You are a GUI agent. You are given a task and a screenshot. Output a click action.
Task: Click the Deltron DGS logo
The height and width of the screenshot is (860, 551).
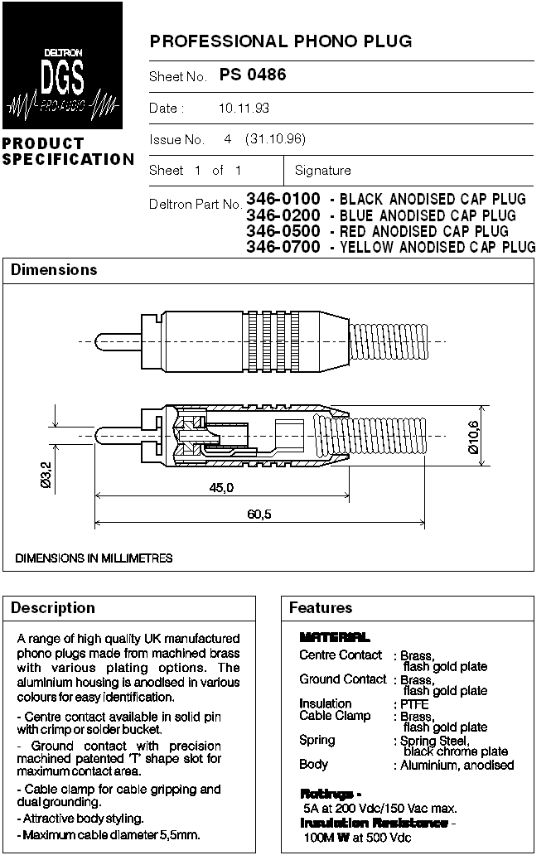[62, 65]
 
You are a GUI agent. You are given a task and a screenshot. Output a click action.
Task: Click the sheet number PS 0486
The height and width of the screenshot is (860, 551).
[253, 75]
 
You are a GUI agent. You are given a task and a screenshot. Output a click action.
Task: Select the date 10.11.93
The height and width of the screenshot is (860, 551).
[244, 109]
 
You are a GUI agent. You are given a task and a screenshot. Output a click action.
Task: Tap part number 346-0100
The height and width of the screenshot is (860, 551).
[283, 199]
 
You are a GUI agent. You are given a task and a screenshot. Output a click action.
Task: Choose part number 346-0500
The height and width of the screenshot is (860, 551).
[283, 231]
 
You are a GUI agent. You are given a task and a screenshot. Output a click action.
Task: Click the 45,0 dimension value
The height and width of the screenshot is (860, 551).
[220, 488]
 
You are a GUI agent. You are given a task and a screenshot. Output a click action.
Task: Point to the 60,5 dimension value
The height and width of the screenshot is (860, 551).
[259, 515]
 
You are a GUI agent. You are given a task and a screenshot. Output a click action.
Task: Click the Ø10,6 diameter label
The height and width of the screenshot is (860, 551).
[473, 437]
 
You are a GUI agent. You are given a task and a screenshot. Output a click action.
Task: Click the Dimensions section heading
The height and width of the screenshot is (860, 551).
[54, 270]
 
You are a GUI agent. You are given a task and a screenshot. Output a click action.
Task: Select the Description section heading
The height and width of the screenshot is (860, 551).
[53, 608]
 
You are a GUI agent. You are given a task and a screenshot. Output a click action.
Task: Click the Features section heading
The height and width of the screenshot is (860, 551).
[321, 608]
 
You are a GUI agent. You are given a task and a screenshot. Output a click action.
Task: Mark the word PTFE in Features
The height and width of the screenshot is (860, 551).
[414, 704]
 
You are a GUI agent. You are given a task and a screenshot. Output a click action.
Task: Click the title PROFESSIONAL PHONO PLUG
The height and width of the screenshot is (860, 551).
[280, 41]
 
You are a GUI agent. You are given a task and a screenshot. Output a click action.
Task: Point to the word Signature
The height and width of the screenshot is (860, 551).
[322, 171]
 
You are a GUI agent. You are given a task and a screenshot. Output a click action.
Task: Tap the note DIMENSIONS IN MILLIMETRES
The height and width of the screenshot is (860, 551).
[94, 558]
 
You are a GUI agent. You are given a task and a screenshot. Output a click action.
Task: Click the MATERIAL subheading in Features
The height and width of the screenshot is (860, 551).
[335, 637]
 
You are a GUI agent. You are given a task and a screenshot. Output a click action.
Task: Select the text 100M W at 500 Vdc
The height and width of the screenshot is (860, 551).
[357, 838]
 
